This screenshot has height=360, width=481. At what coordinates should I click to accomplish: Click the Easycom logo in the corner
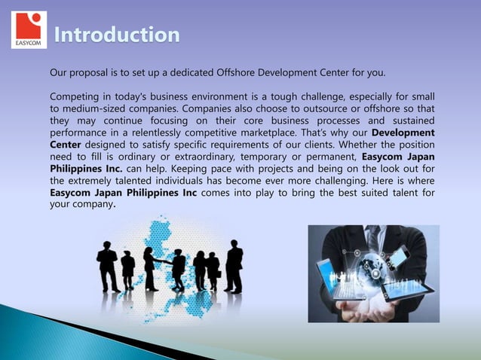[29, 30]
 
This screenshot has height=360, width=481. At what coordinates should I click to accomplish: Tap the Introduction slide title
[117, 35]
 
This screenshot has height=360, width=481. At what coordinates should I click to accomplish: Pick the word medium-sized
[97, 109]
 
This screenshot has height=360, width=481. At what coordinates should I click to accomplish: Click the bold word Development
[403, 133]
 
